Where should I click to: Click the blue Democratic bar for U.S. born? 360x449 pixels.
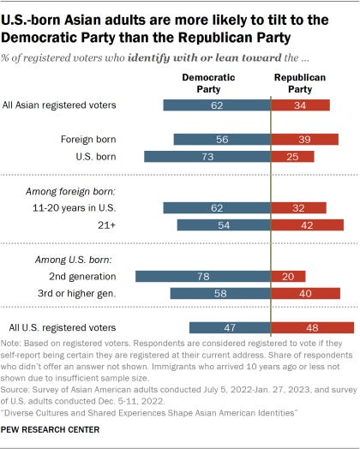pyautogui.click(x=207, y=156)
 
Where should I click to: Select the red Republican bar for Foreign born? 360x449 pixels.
pyautogui.click(x=304, y=139)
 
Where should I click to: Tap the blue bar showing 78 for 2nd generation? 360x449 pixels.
pyautogui.click(x=203, y=276)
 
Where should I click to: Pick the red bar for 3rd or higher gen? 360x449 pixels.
pyautogui.click(x=304, y=293)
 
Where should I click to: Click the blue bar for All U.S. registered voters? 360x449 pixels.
pyautogui.click(x=230, y=327)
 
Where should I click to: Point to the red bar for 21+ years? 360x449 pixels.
pyautogui.click(x=306, y=224)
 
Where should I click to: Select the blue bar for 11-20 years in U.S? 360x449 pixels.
pyautogui.click(x=216, y=207)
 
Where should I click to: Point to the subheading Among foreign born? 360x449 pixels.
pyautogui.click(x=76, y=189)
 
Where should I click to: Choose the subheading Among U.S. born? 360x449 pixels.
pyautogui.click(x=71, y=258)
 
